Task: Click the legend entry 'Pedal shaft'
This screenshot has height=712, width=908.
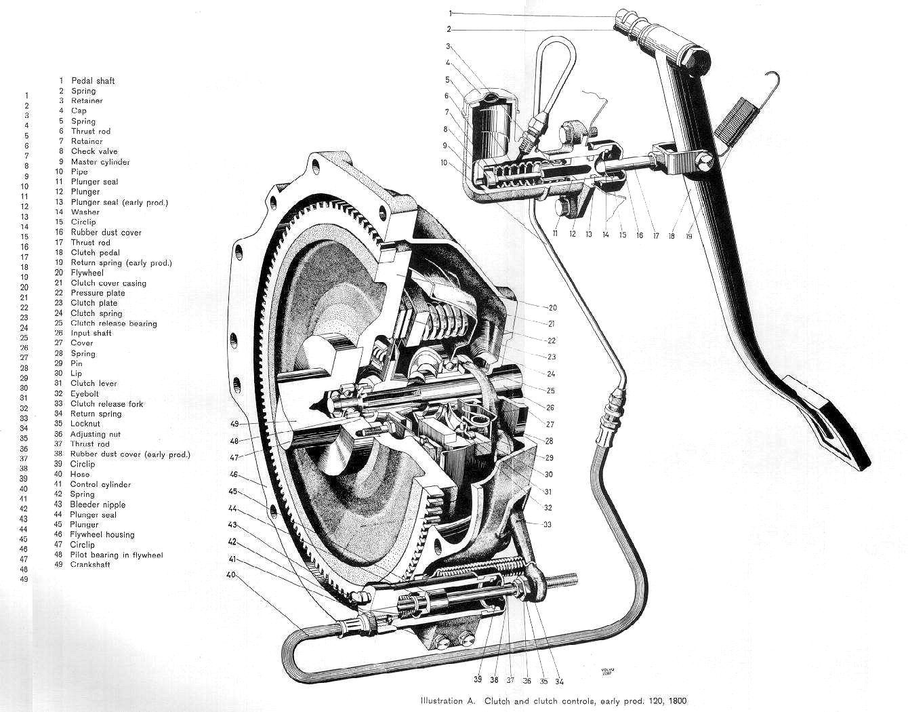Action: (93, 81)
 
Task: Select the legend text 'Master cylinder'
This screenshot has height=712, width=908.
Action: (100, 162)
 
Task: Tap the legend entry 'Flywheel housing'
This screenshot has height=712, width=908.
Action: (102, 535)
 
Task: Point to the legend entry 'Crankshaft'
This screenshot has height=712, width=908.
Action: (90, 565)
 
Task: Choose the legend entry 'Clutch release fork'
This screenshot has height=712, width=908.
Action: (106, 404)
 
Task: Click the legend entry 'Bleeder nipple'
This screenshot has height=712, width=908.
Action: (98, 505)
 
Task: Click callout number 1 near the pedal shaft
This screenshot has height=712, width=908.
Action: (451, 13)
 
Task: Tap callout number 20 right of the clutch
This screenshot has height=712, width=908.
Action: (552, 308)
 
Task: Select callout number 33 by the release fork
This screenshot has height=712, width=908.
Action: (548, 524)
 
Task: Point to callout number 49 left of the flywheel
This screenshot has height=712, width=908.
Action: (234, 424)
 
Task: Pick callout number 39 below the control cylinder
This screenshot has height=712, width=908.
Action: (477, 680)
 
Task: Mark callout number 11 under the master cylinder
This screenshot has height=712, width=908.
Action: (555, 234)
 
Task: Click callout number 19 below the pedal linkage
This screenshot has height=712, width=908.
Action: (690, 237)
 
